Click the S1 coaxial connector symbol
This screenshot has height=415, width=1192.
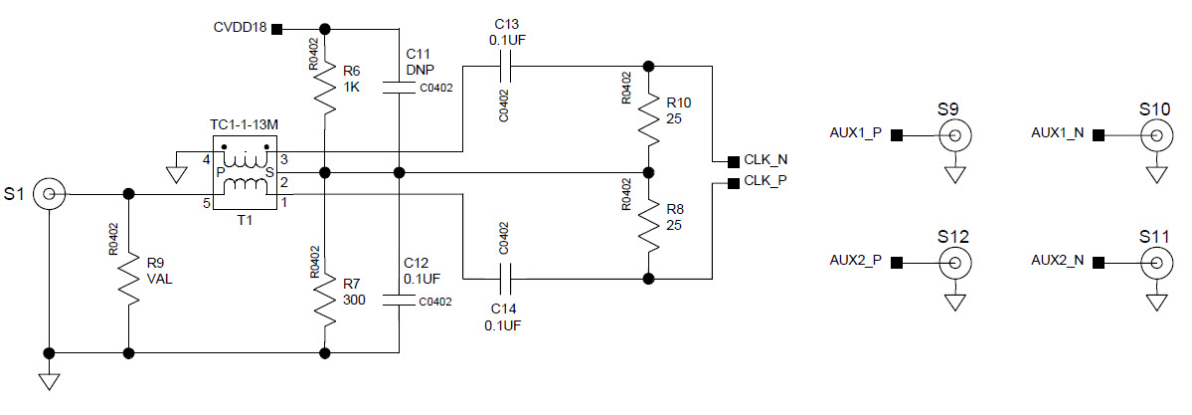(48, 194)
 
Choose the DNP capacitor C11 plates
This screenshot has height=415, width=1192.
(399, 88)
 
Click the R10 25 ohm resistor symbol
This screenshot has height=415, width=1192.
(648, 117)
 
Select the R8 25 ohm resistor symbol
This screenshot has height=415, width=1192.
(648, 227)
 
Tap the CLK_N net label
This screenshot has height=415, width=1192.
(766, 159)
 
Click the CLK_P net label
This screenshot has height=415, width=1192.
(766, 182)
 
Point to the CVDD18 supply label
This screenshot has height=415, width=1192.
(240, 27)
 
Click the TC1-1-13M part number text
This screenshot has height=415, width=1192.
(244, 124)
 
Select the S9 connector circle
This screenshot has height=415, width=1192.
(956, 135)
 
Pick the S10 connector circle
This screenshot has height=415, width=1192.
(1155, 135)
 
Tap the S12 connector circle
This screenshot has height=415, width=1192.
(956, 263)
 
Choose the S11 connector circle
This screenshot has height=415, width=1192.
(1155, 263)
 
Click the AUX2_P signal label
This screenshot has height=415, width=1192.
(856, 261)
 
